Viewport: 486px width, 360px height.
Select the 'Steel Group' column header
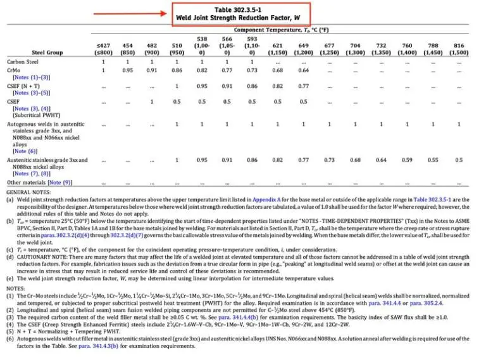pos(47,53)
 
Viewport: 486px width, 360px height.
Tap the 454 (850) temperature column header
pos(127,49)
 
